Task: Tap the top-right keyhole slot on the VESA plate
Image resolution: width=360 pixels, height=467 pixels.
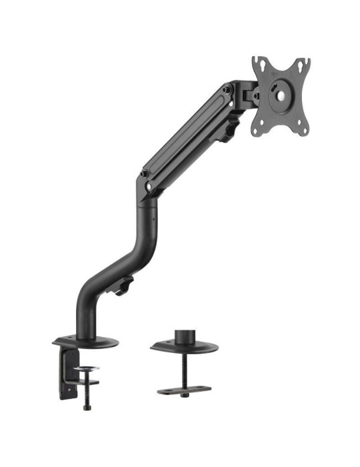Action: [x=304, y=65]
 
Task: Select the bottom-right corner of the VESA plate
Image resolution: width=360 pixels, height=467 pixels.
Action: [x=303, y=129]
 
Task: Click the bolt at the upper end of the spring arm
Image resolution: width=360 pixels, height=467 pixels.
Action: [x=227, y=89]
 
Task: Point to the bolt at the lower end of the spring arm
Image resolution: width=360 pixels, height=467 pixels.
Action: [x=144, y=175]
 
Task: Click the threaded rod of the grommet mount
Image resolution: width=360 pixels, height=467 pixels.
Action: [x=183, y=370]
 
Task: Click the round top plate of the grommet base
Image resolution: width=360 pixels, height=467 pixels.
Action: [x=183, y=347]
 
